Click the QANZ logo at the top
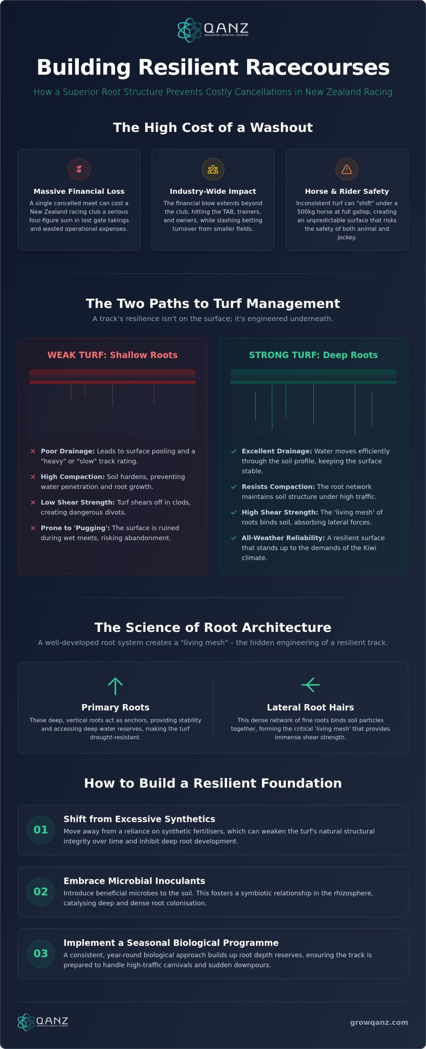[x=213, y=30]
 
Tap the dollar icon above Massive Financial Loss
[x=79, y=169]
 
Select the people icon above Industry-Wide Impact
[x=213, y=169]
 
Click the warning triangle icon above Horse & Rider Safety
[x=347, y=169]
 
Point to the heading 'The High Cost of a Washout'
[x=213, y=127]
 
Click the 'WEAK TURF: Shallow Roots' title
[x=113, y=355]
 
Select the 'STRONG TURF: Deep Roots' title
[x=313, y=355]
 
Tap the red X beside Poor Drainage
[x=33, y=451]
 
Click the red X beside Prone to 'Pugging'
[x=33, y=528]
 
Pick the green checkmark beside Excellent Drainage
[x=234, y=451]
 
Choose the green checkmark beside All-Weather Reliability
[x=234, y=538]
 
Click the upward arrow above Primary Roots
[x=115, y=686]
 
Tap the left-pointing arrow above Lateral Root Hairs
[x=311, y=685]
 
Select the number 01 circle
[x=41, y=830]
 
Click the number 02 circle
[x=41, y=892]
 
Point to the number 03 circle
[x=41, y=954]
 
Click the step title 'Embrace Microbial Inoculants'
[x=134, y=881]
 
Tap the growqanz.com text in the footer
[x=379, y=1022]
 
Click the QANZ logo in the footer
[x=43, y=1022]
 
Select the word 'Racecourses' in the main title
[x=317, y=67]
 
